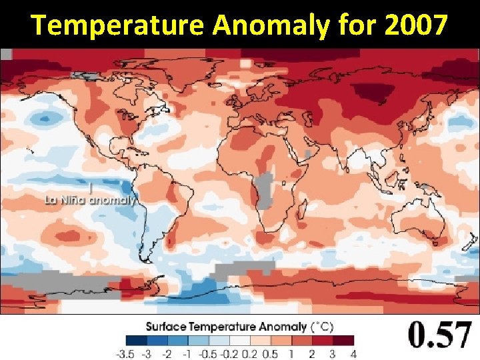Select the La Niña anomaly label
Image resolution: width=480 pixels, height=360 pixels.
pyautogui.click(x=90, y=199)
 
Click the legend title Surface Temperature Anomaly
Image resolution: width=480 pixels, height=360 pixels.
pyautogui.click(x=227, y=327)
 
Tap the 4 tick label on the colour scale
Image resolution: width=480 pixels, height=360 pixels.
pyautogui.click(x=353, y=353)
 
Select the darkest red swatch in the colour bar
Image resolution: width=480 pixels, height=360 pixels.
pyautogui.click(x=344, y=340)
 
